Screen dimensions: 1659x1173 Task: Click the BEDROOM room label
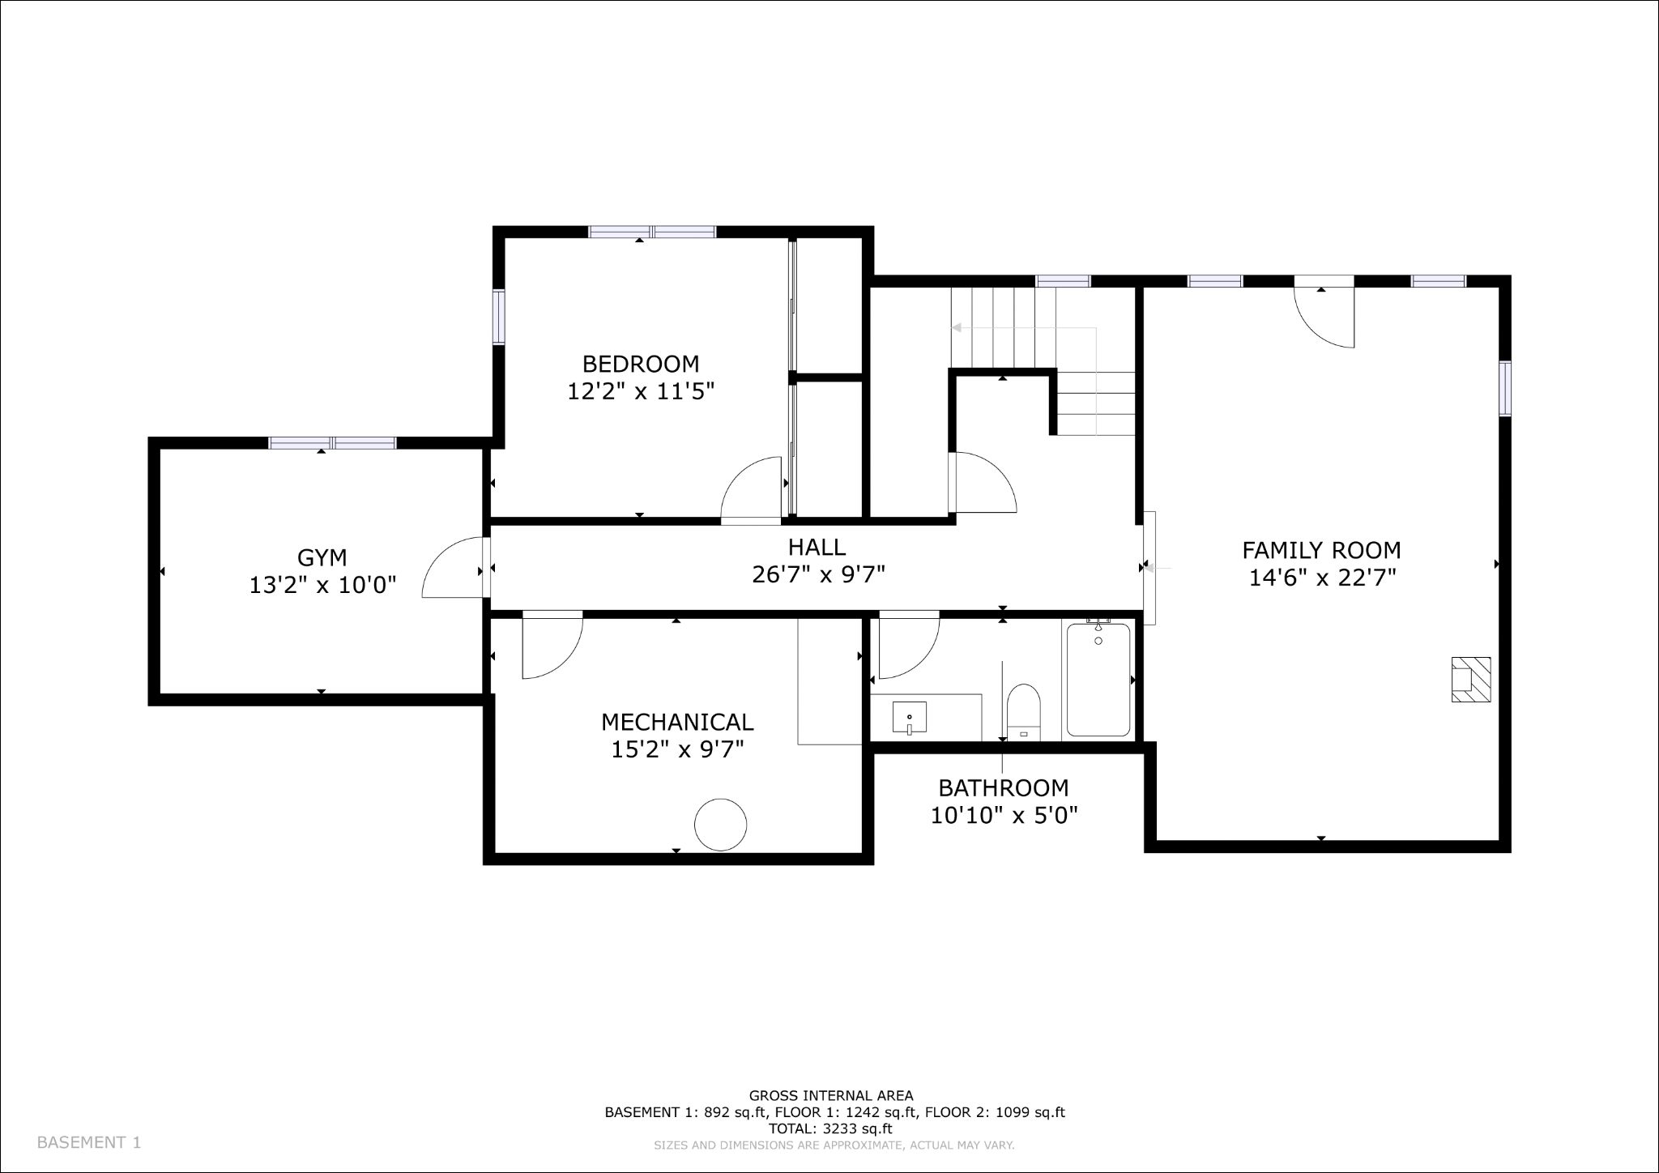641,364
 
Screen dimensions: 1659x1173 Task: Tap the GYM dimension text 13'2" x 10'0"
322,585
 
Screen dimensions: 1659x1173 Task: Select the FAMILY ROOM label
1321,551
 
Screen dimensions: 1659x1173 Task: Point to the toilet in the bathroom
1023,712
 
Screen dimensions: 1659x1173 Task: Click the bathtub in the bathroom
1098,679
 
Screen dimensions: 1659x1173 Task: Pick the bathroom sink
910,718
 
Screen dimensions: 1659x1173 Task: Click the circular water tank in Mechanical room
720,825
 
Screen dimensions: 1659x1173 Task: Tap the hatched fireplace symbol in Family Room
1470,679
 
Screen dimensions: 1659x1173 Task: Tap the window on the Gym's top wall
332,443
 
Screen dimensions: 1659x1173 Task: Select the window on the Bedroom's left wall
499,317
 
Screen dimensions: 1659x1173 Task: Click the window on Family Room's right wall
1504,389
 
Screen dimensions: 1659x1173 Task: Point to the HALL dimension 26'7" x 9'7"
818,574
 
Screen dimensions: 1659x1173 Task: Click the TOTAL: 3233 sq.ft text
830,1128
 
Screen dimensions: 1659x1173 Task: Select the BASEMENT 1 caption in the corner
89,1142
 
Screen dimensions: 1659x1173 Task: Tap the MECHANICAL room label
677,722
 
